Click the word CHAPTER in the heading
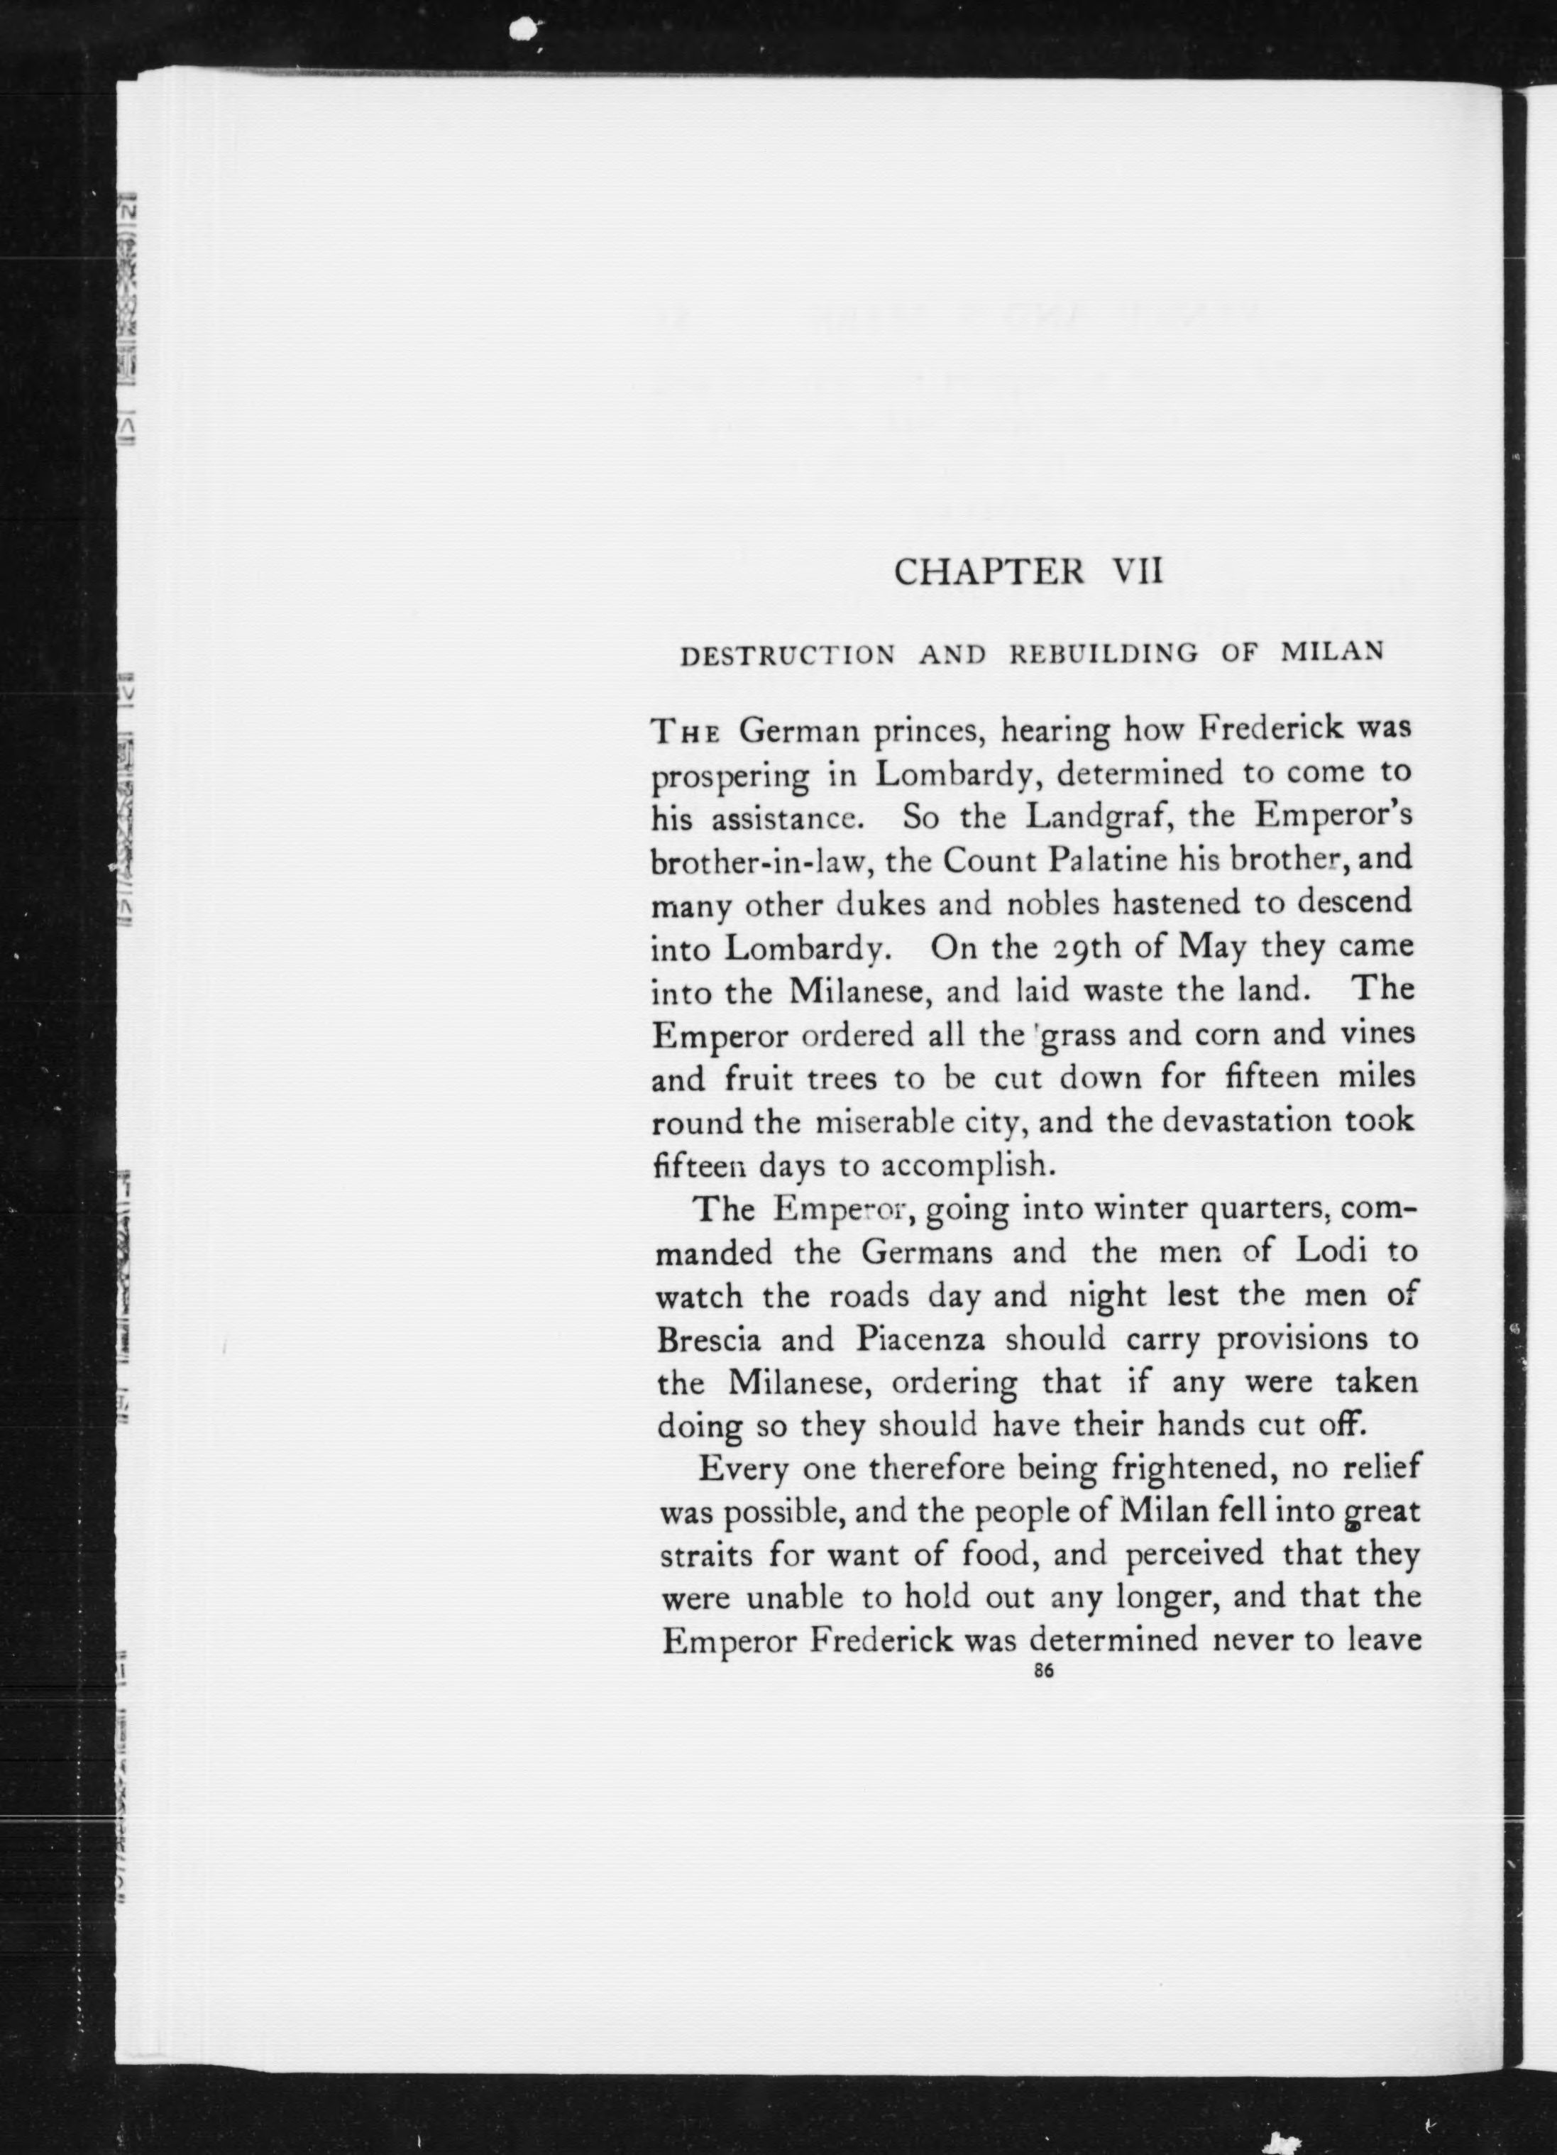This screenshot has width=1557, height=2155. (x=989, y=571)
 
